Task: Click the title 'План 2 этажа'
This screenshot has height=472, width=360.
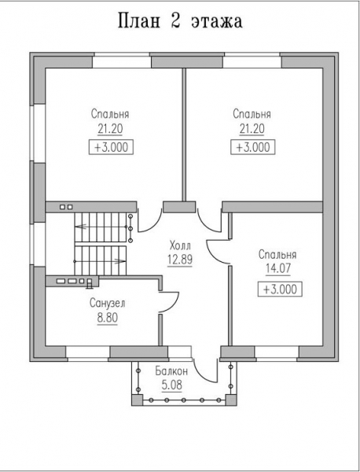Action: tap(180, 21)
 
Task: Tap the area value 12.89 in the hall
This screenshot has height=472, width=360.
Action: tap(180, 260)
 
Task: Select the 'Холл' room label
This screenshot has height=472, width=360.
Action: tap(180, 245)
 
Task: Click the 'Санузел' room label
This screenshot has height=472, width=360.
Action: tap(108, 303)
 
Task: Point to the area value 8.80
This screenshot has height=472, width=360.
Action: tap(108, 317)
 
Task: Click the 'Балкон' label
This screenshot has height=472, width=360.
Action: tap(171, 371)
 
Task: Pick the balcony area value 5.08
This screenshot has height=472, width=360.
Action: tap(171, 385)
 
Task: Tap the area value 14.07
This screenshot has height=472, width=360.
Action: tap(278, 268)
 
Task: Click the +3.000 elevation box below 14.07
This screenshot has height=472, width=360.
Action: tap(280, 289)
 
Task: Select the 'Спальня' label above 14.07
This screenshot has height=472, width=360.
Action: tap(277, 255)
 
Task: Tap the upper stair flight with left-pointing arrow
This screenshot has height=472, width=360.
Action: tap(101, 227)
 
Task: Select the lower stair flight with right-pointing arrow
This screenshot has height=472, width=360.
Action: tap(101, 260)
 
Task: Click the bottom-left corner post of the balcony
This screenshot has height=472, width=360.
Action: tap(137, 400)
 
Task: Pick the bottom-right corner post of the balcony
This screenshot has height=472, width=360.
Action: tap(231, 400)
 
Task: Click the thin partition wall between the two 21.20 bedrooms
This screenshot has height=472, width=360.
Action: tap(184, 135)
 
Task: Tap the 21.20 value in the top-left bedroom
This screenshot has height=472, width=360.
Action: tap(110, 129)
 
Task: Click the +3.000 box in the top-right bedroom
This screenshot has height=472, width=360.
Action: tap(252, 148)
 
